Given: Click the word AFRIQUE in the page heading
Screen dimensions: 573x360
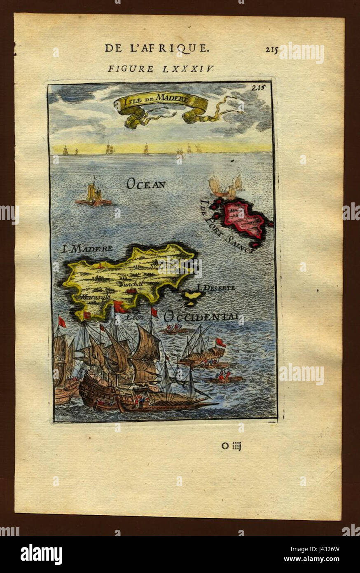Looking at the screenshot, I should tap(179, 48).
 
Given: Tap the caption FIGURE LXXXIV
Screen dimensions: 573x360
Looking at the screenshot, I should tap(161, 68).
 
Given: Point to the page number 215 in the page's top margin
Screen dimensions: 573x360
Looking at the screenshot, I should tap(271, 49).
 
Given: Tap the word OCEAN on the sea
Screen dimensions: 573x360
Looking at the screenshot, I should tap(146, 184).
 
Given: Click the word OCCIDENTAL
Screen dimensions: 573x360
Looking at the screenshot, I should tap(201, 317).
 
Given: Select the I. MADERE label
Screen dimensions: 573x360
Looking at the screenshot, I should tap(87, 249).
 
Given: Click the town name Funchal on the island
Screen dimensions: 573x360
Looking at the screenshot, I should tap(130, 284).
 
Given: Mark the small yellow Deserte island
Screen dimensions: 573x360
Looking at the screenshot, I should tap(192, 296).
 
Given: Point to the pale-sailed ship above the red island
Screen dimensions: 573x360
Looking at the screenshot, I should tap(226, 187).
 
